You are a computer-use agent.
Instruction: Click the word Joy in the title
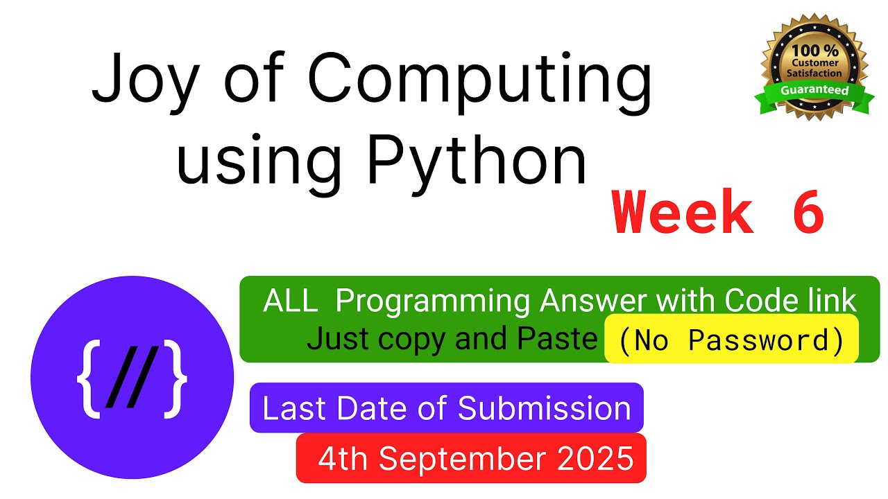pos(146,81)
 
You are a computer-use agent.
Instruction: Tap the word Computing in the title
pos(479,82)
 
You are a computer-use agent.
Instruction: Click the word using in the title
pos(259,165)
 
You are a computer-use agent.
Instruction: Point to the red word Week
pos(682,212)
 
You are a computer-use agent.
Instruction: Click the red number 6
pos(808,212)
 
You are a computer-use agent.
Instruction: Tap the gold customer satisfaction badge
pos(814,67)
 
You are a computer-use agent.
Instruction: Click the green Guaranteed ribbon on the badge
pos(814,96)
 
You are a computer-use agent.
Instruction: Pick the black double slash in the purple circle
pos(133,376)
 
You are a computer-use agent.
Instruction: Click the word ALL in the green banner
pos(291,301)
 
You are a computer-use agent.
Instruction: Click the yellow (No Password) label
pos(731,339)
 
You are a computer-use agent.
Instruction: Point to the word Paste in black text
pos(558,338)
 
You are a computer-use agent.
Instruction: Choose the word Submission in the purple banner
pos(545,408)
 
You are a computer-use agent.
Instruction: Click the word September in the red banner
pos(463,459)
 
